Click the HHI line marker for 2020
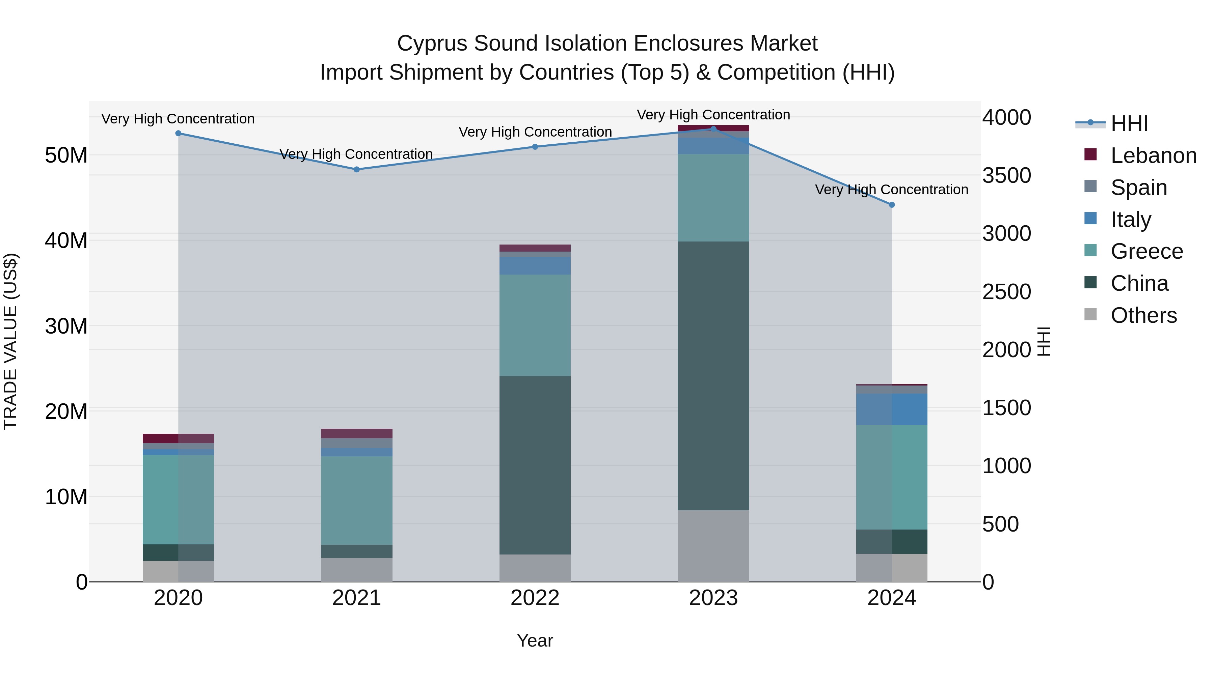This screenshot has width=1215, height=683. coord(178,133)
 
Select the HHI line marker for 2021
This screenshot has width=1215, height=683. coord(357,169)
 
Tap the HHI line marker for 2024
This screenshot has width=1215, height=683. coord(891,205)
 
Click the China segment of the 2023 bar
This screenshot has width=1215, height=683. coord(713,376)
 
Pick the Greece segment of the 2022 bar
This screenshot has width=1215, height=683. coord(535,325)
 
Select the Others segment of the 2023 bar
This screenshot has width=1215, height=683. coord(713,546)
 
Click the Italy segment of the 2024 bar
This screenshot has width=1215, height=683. coord(891,409)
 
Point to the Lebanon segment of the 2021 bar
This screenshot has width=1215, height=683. coord(357,433)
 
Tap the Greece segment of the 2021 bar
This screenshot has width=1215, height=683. coord(357,500)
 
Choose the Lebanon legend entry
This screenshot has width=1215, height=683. coord(1153,155)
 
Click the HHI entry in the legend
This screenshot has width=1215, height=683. coord(1129,123)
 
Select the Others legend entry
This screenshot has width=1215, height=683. coord(1143,315)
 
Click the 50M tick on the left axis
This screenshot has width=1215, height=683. coord(66,155)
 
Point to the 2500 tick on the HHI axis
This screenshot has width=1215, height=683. coord(1006,292)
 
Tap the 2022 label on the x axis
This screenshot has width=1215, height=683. coord(535,598)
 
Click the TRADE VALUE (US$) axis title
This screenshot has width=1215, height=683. coord(10,341)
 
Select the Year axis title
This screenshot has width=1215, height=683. coord(535,641)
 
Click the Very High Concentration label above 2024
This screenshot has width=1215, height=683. coord(891,190)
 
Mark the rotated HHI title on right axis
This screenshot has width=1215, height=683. coord(1044,341)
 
